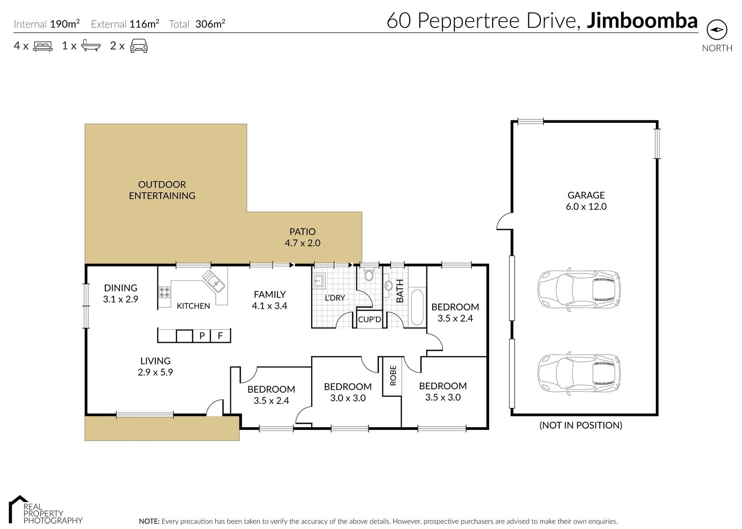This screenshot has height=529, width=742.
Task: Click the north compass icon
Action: (717, 30)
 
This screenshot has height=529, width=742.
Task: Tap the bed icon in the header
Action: (43, 46)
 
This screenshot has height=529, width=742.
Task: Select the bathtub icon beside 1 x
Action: (91, 46)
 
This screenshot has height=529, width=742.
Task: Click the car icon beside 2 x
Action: (139, 46)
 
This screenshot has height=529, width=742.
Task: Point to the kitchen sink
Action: (214, 281)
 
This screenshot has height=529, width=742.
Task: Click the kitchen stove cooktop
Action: (165, 292)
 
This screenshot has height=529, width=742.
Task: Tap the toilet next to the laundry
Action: (369, 274)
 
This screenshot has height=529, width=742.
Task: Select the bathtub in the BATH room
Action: (417, 308)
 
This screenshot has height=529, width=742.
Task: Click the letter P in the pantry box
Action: (202, 336)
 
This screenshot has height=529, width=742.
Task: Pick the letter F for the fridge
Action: (220, 336)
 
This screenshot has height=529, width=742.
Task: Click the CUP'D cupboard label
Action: (370, 319)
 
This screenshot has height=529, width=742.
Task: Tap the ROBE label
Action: (393, 375)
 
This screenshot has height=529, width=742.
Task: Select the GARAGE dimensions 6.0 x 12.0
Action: (586, 207)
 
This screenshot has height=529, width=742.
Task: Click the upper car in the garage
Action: (579, 289)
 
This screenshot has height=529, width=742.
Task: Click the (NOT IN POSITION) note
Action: (581, 425)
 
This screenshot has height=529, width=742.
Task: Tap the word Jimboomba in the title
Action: (643, 21)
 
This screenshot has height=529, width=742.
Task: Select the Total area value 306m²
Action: (210, 24)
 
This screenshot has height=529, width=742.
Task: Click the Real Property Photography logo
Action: (46, 510)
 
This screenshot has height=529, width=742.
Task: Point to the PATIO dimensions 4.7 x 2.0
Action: (302, 243)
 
